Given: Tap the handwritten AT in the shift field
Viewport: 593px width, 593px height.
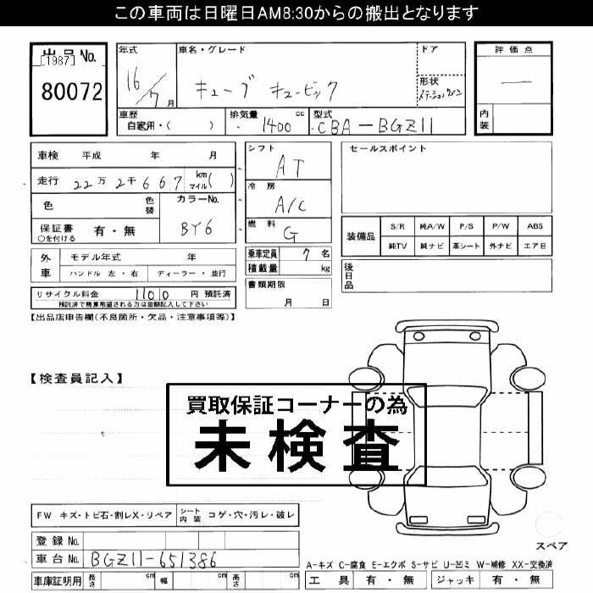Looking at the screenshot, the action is (x=289, y=168).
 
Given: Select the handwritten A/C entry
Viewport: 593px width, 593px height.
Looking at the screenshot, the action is (x=289, y=204).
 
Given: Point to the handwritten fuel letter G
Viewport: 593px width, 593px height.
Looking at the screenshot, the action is (x=290, y=234).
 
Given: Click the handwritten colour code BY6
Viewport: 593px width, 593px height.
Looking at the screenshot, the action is (x=197, y=228).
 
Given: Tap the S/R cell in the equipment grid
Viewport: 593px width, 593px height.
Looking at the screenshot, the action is (x=397, y=227).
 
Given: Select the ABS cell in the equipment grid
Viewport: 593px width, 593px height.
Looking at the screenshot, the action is (x=535, y=227).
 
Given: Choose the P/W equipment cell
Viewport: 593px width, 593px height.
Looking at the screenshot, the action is (x=501, y=227).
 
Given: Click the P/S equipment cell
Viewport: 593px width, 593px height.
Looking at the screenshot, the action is (x=466, y=227).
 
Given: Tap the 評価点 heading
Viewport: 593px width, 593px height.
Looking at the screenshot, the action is (x=514, y=51).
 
